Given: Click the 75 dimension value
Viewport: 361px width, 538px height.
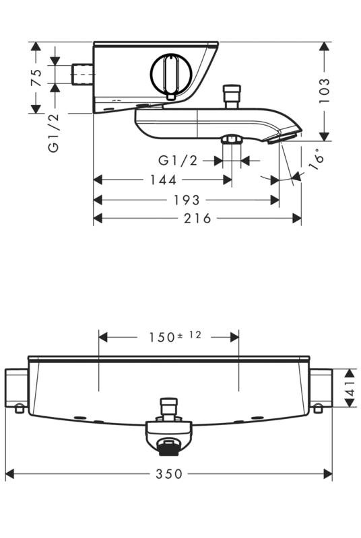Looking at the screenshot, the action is coord(36,78).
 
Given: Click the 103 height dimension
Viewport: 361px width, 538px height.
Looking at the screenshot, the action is coord(323,90).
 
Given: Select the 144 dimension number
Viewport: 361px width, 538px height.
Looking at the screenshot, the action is coord(163,180).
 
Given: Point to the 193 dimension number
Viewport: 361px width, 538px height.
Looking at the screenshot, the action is coord(187,200).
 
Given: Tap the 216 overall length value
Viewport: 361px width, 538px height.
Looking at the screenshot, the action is coord(197,218).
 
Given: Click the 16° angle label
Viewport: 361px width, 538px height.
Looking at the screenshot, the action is coord(316,159).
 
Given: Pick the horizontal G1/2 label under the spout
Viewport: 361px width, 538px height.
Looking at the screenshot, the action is coord(178,160).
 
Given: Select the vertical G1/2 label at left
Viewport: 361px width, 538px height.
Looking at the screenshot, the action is coord(54,132).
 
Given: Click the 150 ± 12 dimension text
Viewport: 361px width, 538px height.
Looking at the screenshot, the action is coord(175,336).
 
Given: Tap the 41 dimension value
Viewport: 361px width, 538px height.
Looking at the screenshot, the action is coord(350,388).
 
